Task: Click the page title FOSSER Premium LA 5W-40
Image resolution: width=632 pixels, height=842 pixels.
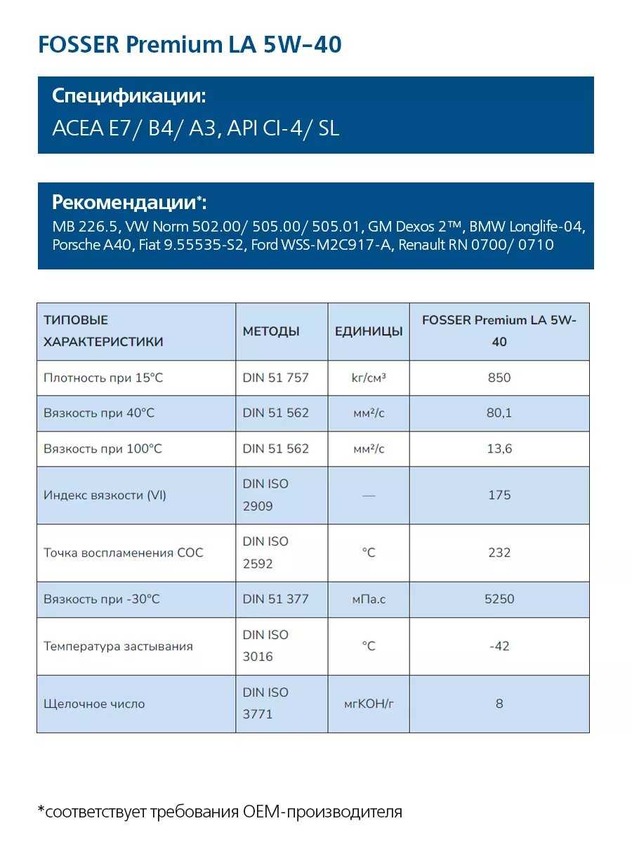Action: coord(190,45)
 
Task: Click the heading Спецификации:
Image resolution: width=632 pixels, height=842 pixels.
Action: coord(129,96)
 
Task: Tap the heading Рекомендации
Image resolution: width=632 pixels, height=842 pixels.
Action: coord(126,202)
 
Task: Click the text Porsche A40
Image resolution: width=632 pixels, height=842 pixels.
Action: coord(91,245)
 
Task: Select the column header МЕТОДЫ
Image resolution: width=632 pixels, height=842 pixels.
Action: coord(271,331)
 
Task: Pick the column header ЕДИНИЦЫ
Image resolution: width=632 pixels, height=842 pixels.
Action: coord(369,331)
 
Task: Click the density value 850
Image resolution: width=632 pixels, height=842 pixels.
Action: coord(499,377)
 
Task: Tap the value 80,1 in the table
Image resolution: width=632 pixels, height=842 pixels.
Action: coord(499,413)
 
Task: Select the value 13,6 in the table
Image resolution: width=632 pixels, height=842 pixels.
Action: coord(499,448)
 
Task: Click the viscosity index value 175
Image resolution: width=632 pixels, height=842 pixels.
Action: coord(499,495)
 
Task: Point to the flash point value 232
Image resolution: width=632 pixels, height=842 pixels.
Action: coord(499,552)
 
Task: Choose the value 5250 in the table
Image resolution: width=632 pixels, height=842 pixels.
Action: coord(499,599)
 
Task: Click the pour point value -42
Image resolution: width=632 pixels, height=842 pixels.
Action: coord(499,646)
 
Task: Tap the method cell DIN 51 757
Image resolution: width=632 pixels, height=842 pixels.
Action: coord(275,377)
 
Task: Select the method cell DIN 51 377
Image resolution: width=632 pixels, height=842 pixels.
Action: coord(275,599)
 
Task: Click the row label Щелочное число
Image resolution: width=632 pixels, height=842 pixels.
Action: coord(94,703)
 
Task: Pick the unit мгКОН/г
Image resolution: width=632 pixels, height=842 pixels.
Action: coord(369,703)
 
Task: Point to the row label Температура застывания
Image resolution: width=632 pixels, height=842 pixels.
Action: coord(118,646)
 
